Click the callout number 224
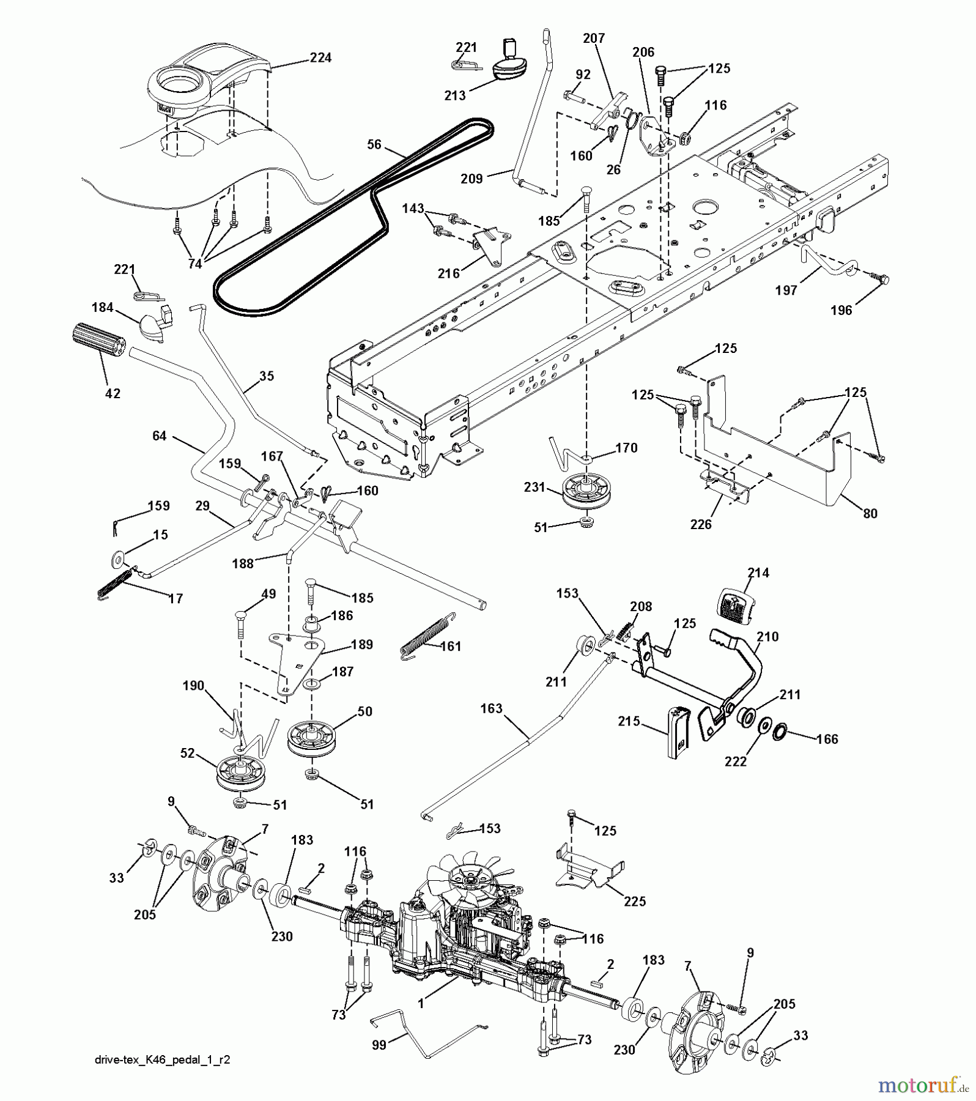(320, 57)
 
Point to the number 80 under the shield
(869, 513)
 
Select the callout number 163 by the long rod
(491, 708)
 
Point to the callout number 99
(379, 1045)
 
